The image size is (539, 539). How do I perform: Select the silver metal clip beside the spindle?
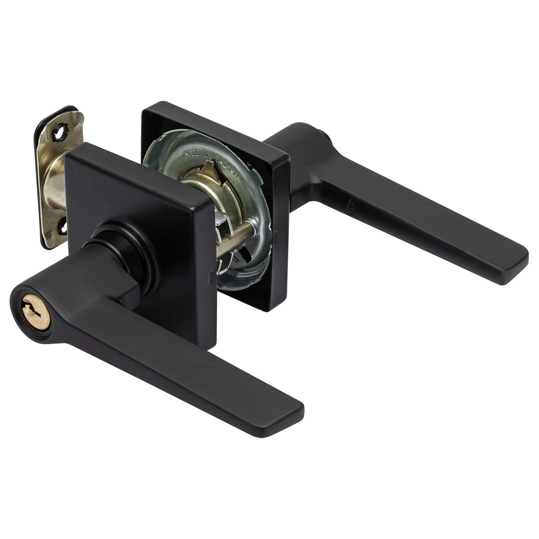[224, 221]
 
